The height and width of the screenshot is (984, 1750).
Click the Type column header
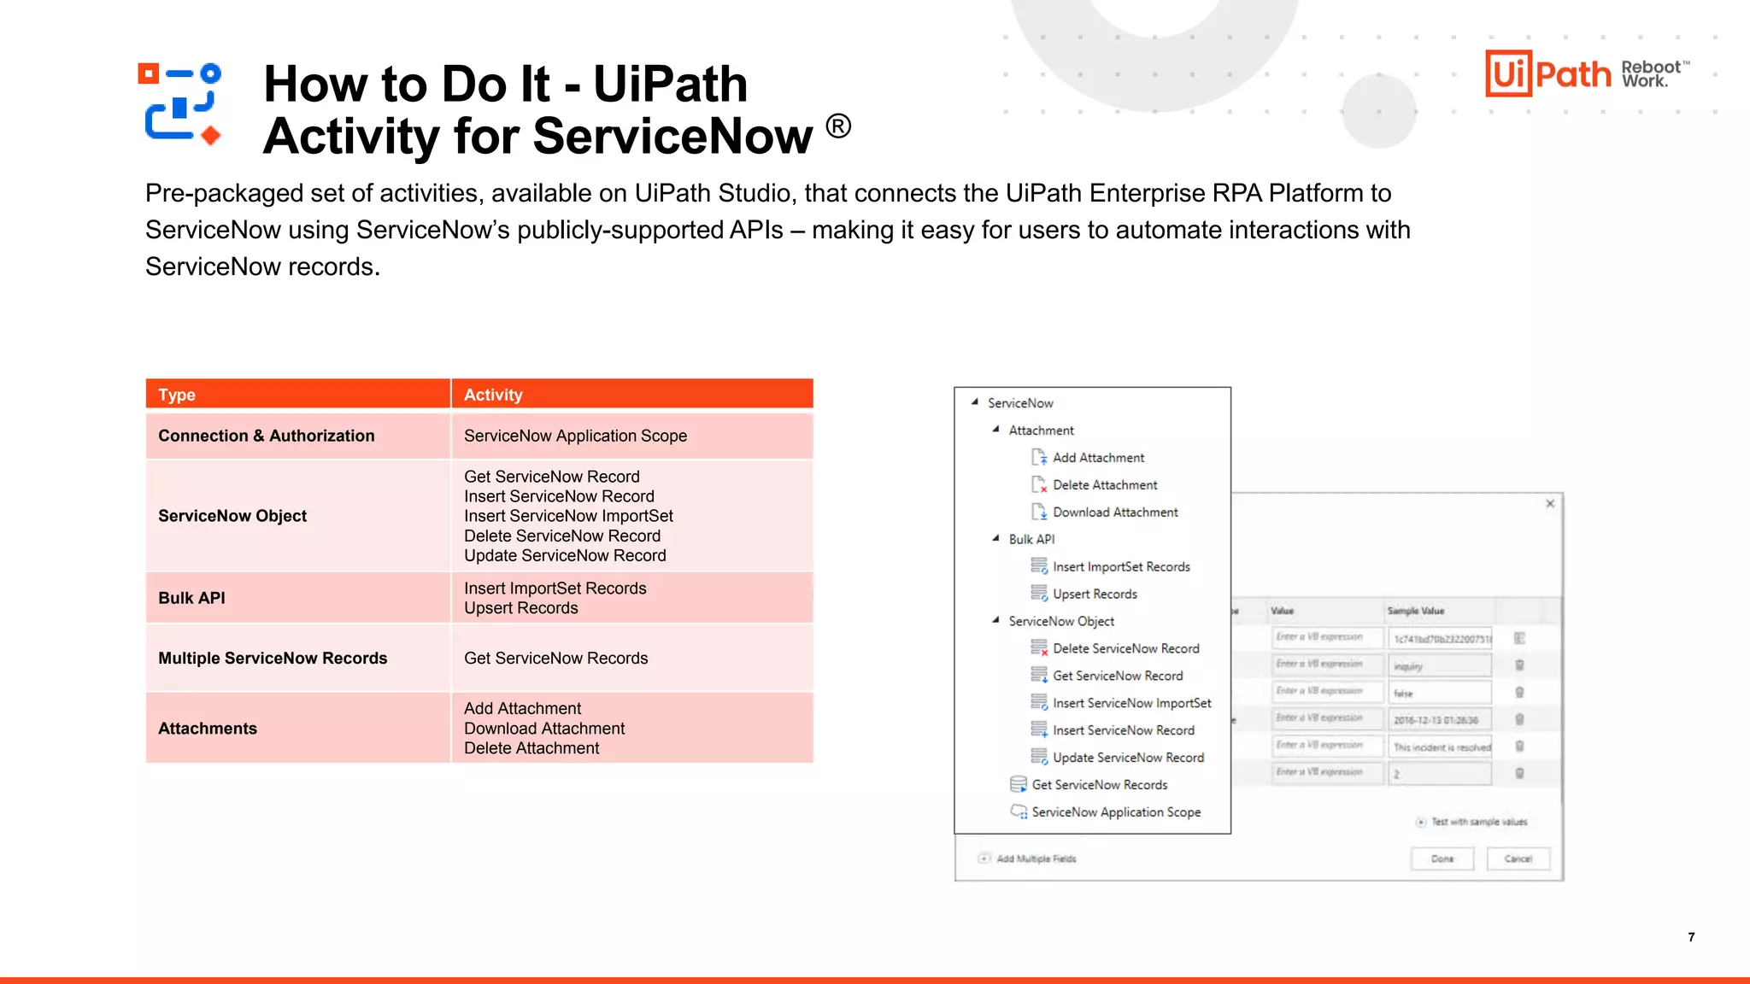(x=177, y=395)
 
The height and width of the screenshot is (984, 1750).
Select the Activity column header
(x=493, y=395)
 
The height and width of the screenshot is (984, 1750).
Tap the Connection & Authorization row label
(x=266, y=436)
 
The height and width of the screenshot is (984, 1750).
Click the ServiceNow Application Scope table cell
(x=575, y=436)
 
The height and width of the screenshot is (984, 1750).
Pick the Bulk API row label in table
(x=191, y=598)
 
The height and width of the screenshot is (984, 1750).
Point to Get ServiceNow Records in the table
(x=555, y=659)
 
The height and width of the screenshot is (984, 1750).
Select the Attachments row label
(x=207, y=729)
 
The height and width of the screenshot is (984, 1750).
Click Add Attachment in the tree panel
(x=1098, y=458)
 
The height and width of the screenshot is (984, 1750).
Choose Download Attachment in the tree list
(x=1114, y=512)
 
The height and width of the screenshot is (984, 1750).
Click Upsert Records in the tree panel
(x=1095, y=594)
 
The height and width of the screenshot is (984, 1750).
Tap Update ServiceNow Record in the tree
(x=1128, y=758)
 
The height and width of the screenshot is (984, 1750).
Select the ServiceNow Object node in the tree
(x=1060, y=622)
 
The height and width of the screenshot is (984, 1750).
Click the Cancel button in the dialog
(x=1518, y=859)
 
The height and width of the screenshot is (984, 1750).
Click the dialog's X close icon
(x=1550, y=504)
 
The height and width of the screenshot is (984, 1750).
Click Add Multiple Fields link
(x=1036, y=859)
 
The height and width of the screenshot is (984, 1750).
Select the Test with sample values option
(x=1477, y=823)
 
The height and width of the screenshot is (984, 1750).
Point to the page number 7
(x=1691, y=937)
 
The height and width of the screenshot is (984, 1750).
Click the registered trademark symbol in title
(x=838, y=126)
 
